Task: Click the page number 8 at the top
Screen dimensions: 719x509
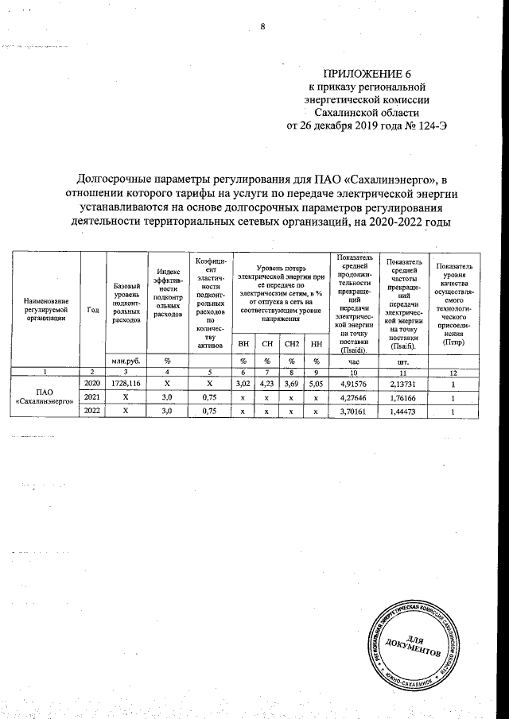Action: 262,28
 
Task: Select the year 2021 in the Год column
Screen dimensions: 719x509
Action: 92,397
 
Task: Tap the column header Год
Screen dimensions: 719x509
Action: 93,310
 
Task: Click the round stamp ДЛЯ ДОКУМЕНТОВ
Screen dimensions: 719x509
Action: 417,644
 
